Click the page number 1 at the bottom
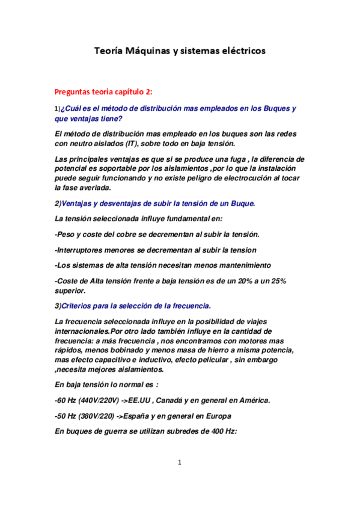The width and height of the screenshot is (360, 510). (179, 462)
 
